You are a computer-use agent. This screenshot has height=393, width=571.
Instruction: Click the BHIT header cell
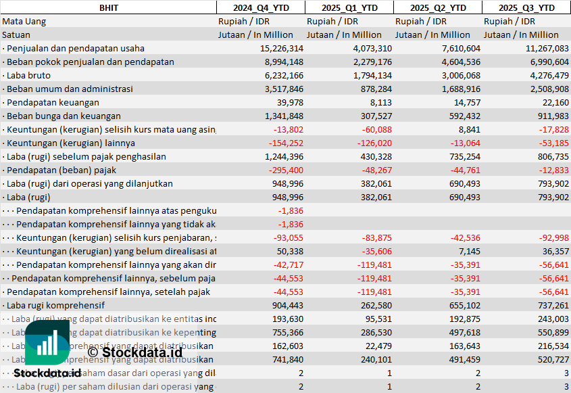tap(107, 7)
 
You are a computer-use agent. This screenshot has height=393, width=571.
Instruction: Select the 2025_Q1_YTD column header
tap(349, 7)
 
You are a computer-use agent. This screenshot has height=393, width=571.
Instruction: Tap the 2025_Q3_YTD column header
tap(526, 7)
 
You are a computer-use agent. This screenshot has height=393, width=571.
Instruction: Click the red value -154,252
tap(286, 143)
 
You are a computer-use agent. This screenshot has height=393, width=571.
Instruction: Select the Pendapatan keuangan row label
tap(53, 102)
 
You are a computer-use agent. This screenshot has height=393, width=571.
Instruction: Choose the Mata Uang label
tap(24, 21)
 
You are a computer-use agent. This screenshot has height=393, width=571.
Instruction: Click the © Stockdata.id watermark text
tap(134, 352)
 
